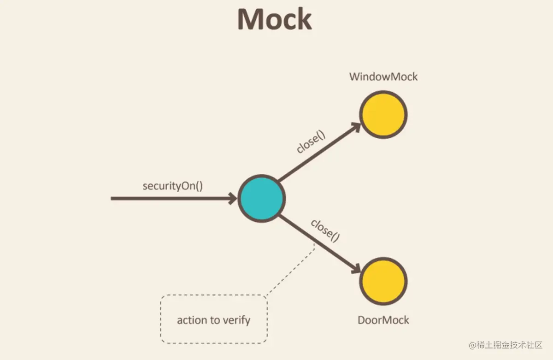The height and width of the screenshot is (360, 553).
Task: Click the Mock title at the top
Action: [275, 19]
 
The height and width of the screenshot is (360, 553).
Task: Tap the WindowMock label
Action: [383, 77]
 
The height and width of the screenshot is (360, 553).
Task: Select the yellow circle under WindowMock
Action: [383, 114]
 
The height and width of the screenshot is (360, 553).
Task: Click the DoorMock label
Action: [383, 320]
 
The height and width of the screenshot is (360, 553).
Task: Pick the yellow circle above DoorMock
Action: [383, 281]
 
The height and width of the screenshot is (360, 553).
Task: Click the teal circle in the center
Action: [261, 199]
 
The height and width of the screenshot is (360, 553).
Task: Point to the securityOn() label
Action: [173, 186]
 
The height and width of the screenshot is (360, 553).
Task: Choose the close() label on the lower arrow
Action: [325, 230]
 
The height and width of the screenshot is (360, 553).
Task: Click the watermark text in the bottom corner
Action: [506, 345]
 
